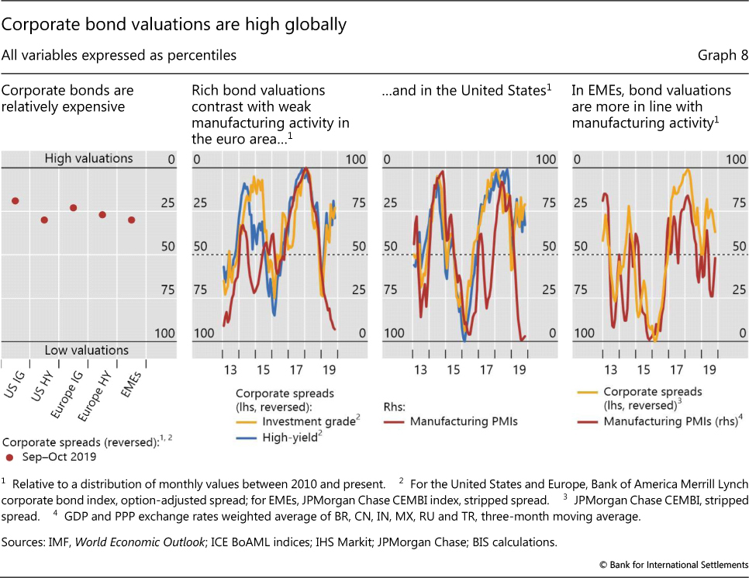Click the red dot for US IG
pos(15,201)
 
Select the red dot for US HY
pos(44,220)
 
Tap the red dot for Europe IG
pos(74,208)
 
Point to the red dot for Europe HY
pos(102,214)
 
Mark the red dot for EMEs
pos(132,220)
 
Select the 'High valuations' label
pos(88,158)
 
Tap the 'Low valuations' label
pos(87,351)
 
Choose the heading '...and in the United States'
pos(464,91)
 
